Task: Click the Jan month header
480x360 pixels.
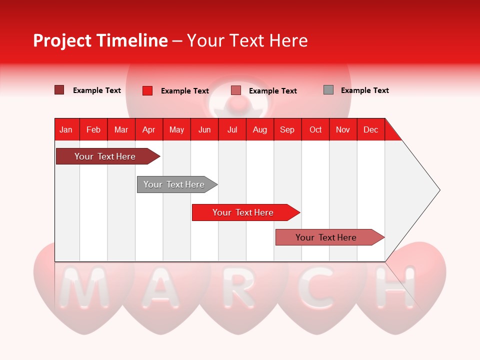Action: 66,129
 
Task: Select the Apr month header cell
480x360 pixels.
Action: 148,129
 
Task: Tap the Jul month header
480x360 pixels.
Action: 232,129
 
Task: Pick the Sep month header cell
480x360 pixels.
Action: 287,129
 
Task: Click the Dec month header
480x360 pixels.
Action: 370,129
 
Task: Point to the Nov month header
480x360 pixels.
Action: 342,129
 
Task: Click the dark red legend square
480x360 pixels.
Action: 59,90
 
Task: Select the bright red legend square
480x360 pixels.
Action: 147,90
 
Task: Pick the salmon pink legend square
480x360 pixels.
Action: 235,90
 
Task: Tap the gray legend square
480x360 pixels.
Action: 328,90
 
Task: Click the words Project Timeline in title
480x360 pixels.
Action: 100,40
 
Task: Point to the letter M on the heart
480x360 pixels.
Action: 83,288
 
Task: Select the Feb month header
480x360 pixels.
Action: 93,129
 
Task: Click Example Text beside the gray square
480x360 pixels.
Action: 364,90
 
